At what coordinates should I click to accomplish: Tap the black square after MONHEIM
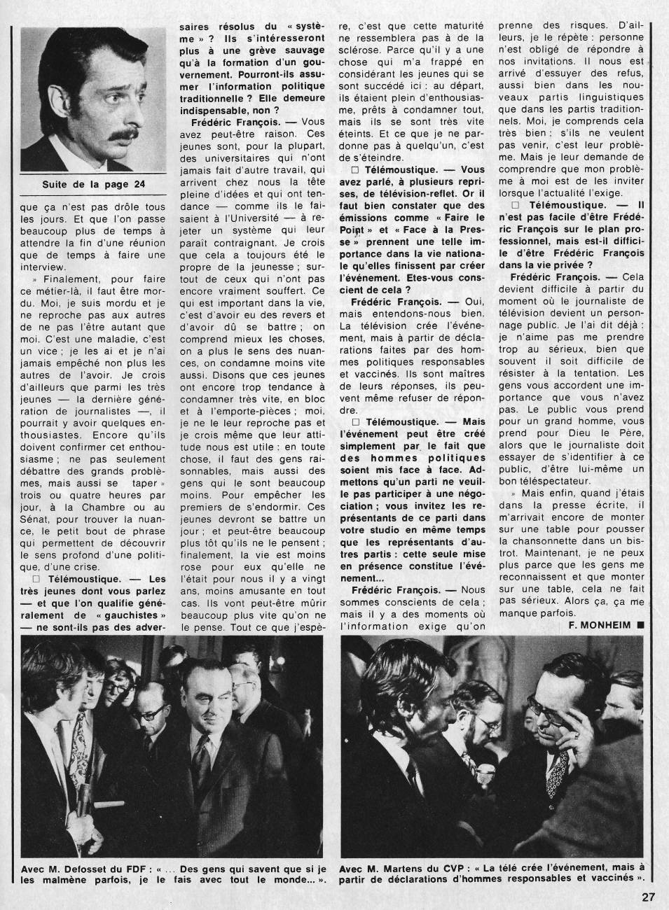tap(640, 624)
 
